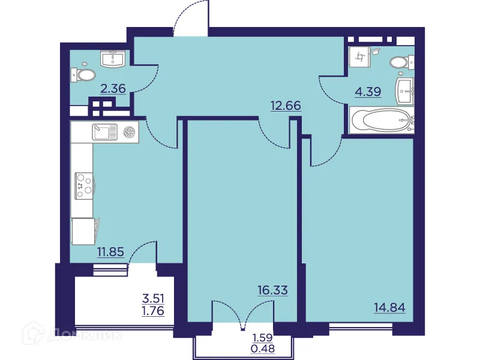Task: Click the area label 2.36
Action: (113, 89)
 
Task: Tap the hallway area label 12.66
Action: (286, 106)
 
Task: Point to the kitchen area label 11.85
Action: (110, 252)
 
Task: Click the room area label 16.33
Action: (272, 290)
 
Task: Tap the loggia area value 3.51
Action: (153, 298)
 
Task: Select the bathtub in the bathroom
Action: (382, 120)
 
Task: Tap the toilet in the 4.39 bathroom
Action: (399, 62)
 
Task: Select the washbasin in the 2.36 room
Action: (113, 58)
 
